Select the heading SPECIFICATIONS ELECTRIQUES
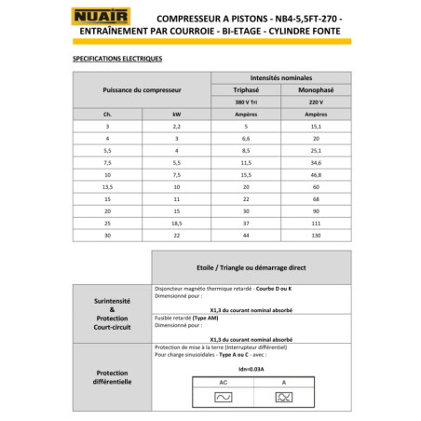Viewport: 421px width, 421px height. point(117,59)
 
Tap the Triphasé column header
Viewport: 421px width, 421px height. point(245,89)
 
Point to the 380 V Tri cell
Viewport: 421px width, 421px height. point(245,102)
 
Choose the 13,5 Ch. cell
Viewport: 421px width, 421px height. point(107,186)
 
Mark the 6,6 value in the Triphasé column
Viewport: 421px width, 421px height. point(245,138)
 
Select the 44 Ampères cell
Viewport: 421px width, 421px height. point(245,235)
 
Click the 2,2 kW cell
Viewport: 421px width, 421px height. point(175,126)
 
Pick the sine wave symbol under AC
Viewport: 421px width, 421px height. point(224,397)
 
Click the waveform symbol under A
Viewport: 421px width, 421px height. point(284,397)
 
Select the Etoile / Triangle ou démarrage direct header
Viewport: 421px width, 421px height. point(251,266)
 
